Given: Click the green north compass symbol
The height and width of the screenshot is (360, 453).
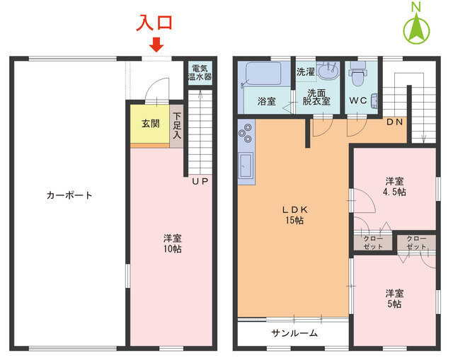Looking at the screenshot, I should (418, 27).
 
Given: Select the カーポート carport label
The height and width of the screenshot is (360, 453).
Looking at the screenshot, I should (69, 195).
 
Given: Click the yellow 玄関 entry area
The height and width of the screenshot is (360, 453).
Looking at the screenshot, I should (150, 124).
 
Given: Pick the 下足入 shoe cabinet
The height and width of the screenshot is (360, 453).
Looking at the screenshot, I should (176, 126).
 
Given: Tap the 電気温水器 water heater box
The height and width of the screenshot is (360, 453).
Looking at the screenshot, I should (200, 72).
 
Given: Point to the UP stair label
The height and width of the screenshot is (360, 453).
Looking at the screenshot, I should (200, 182).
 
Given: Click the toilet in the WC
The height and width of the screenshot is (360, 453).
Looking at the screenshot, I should (357, 71).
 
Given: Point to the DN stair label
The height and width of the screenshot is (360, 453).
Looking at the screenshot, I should (395, 122).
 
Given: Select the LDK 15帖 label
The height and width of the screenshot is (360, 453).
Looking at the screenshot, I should (293, 215).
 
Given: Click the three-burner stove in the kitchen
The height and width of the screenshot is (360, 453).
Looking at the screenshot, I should (246, 132).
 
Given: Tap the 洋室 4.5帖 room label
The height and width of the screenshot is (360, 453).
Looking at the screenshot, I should (394, 185).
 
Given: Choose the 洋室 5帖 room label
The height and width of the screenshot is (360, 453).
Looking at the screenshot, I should (394, 298).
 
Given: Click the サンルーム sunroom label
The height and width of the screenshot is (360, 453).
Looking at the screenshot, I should (294, 333).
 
